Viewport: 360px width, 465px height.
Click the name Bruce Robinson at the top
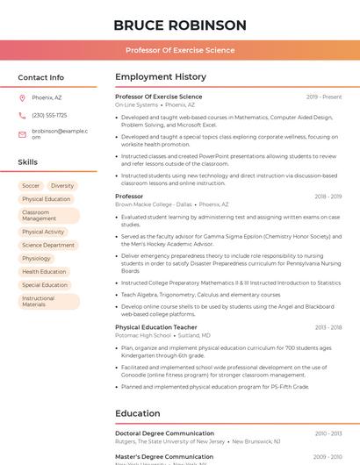tap(180, 25)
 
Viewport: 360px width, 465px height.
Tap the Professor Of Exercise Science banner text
tap(180, 50)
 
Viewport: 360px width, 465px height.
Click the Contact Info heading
tap(40, 77)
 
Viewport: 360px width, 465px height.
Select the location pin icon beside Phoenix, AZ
tap(22, 98)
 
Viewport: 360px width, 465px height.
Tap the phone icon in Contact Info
tap(22, 115)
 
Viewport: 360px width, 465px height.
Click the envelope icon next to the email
tap(22, 133)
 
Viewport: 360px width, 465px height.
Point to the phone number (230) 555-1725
tap(49, 115)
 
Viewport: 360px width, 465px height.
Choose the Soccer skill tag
tap(31, 186)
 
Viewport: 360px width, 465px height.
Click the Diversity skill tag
tap(62, 186)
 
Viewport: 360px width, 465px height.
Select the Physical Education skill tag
tap(46, 199)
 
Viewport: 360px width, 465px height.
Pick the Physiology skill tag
tap(36, 259)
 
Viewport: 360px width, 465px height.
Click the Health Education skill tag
tap(44, 272)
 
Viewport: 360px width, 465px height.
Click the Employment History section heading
tap(161, 77)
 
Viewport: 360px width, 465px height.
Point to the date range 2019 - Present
tap(324, 97)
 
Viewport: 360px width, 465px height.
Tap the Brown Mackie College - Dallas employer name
tap(154, 204)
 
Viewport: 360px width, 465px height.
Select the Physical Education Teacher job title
tap(156, 327)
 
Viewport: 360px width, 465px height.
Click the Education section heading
tap(138, 413)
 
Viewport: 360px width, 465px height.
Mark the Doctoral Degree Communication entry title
tap(164, 433)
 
